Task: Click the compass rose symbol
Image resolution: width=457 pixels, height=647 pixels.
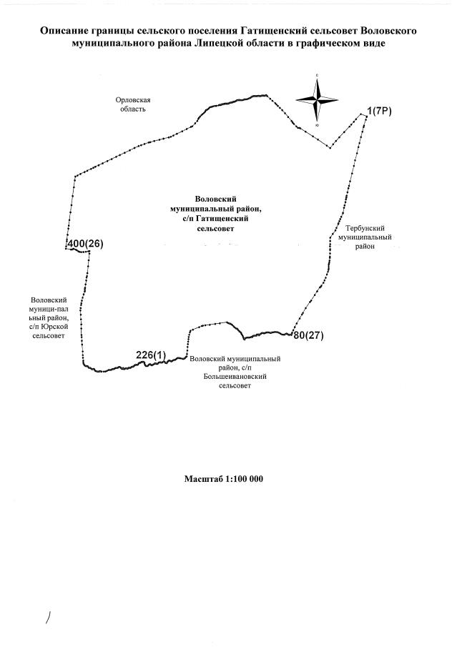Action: (317, 99)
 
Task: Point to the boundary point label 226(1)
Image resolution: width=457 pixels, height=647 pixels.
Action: (151, 354)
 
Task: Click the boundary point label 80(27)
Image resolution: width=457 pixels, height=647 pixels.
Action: (309, 335)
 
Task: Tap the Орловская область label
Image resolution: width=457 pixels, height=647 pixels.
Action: (133, 105)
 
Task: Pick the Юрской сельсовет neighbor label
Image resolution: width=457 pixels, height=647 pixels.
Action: (49, 318)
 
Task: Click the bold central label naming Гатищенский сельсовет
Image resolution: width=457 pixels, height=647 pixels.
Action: (215, 214)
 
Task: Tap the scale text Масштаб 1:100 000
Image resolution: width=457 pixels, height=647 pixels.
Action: (224, 478)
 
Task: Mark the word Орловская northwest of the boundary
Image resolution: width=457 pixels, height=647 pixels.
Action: (133, 101)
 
